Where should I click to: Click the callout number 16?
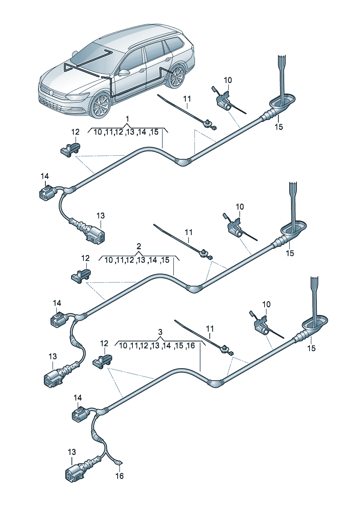coord(119,476)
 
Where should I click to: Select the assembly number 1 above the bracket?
coord(127,119)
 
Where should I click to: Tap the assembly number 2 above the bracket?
coord(139,246)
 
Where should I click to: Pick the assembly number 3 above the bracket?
coord(160,332)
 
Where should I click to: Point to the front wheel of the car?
coord(101,106)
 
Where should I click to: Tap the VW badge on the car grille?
coord(51,93)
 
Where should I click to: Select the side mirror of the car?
coord(124,72)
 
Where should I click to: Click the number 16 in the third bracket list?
coord(191,345)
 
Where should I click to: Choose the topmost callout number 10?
coord(228,80)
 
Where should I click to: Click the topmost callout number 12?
coord(75,132)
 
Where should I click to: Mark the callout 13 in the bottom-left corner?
coord(72,452)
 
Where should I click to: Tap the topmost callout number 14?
coord(45,176)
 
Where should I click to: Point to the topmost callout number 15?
coord(279,127)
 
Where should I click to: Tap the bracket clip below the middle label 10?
coord(236,228)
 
